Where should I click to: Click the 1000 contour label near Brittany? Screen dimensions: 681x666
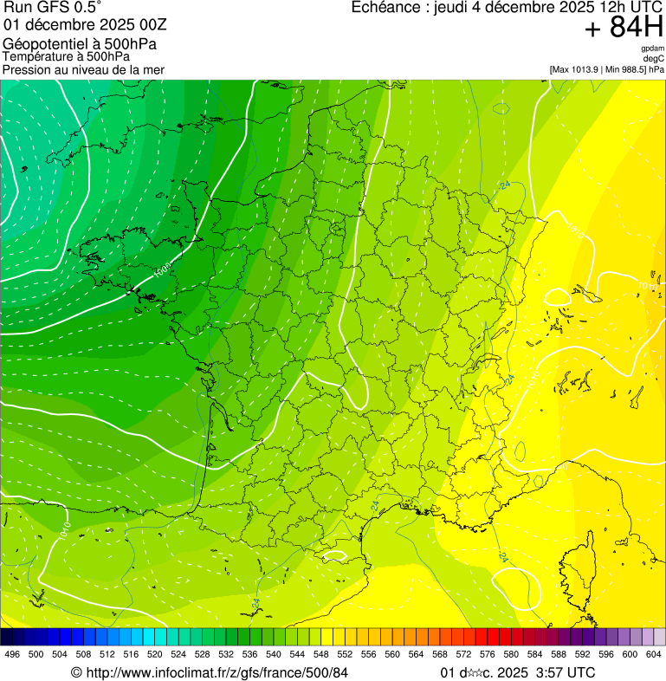click(x=161, y=271)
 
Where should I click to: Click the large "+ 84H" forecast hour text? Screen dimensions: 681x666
click(x=624, y=29)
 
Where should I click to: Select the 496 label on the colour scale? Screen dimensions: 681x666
click(x=12, y=654)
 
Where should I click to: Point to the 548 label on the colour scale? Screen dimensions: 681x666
click(x=321, y=654)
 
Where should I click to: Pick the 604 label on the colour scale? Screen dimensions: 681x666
click(x=654, y=654)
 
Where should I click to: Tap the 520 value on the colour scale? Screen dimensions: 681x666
click(x=155, y=654)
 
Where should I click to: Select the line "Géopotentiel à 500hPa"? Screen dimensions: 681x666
click(x=80, y=43)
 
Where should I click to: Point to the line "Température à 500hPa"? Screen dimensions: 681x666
click(x=66, y=56)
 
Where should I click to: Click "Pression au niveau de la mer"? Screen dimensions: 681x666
click(x=83, y=69)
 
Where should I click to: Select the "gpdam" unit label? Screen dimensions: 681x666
click(x=652, y=49)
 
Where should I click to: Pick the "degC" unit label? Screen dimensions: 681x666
click(x=654, y=59)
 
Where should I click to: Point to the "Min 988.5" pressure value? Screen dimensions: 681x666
click(x=626, y=69)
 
